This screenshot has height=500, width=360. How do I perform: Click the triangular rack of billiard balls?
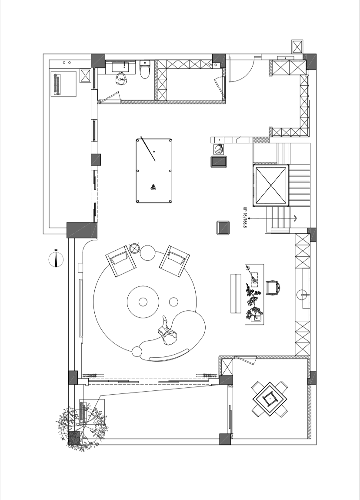[x=153, y=187]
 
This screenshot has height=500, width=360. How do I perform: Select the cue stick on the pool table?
[x=148, y=148]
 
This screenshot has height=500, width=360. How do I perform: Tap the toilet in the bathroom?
[x=145, y=70]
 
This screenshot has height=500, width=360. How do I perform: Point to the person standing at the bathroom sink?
[x=121, y=79]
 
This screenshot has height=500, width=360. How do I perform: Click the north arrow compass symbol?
[x=56, y=259]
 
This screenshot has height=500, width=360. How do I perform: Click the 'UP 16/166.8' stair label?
[x=245, y=218]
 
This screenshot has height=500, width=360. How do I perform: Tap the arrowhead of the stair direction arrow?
[x=296, y=218]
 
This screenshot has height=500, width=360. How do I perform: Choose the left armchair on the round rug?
[x=120, y=261]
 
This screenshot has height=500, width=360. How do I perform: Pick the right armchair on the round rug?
[x=174, y=261]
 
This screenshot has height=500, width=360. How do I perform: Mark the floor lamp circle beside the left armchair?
[x=134, y=248]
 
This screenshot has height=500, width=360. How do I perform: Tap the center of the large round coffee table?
[x=143, y=302]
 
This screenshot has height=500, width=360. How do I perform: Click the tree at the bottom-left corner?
[x=80, y=429]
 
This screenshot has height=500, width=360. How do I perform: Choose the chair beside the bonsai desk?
[x=273, y=288]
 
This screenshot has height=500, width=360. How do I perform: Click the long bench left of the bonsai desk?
[x=236, y=293]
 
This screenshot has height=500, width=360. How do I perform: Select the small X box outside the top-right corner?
[x=297, y=47]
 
